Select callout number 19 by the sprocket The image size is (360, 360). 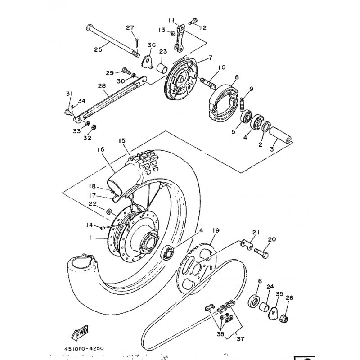[x=216, y=231]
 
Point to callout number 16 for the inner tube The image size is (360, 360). [x=99, y=149]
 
